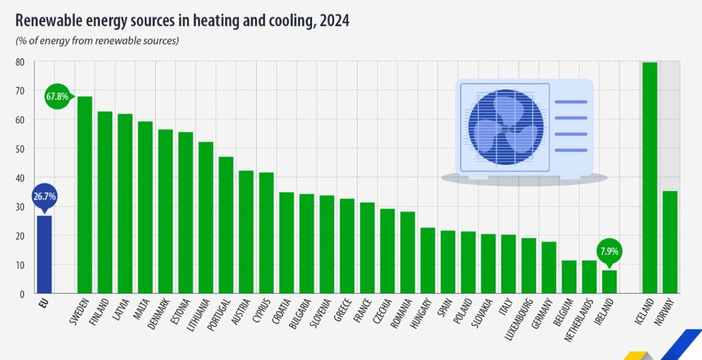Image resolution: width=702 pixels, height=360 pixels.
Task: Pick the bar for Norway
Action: (x=670, y=241)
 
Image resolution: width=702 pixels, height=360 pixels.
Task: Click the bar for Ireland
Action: (x=609, y=282)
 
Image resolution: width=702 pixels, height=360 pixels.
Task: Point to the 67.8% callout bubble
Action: (x=57, y=97)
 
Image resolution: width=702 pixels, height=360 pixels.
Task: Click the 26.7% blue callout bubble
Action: (x=44, y=196)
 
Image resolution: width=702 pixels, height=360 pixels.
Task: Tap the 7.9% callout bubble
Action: (x=609, y=252)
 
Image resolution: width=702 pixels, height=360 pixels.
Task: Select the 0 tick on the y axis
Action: (x=22, y=294)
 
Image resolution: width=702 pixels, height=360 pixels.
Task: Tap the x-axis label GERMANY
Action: (x=543, y=316)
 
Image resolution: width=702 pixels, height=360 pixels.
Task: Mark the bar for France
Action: (x=367, y=248)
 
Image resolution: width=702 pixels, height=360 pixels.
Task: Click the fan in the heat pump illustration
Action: (x=506, y=127)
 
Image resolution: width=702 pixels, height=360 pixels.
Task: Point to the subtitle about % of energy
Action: (x=97, y=41)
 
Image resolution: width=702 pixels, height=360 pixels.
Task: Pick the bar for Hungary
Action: (x=427, y=260)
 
